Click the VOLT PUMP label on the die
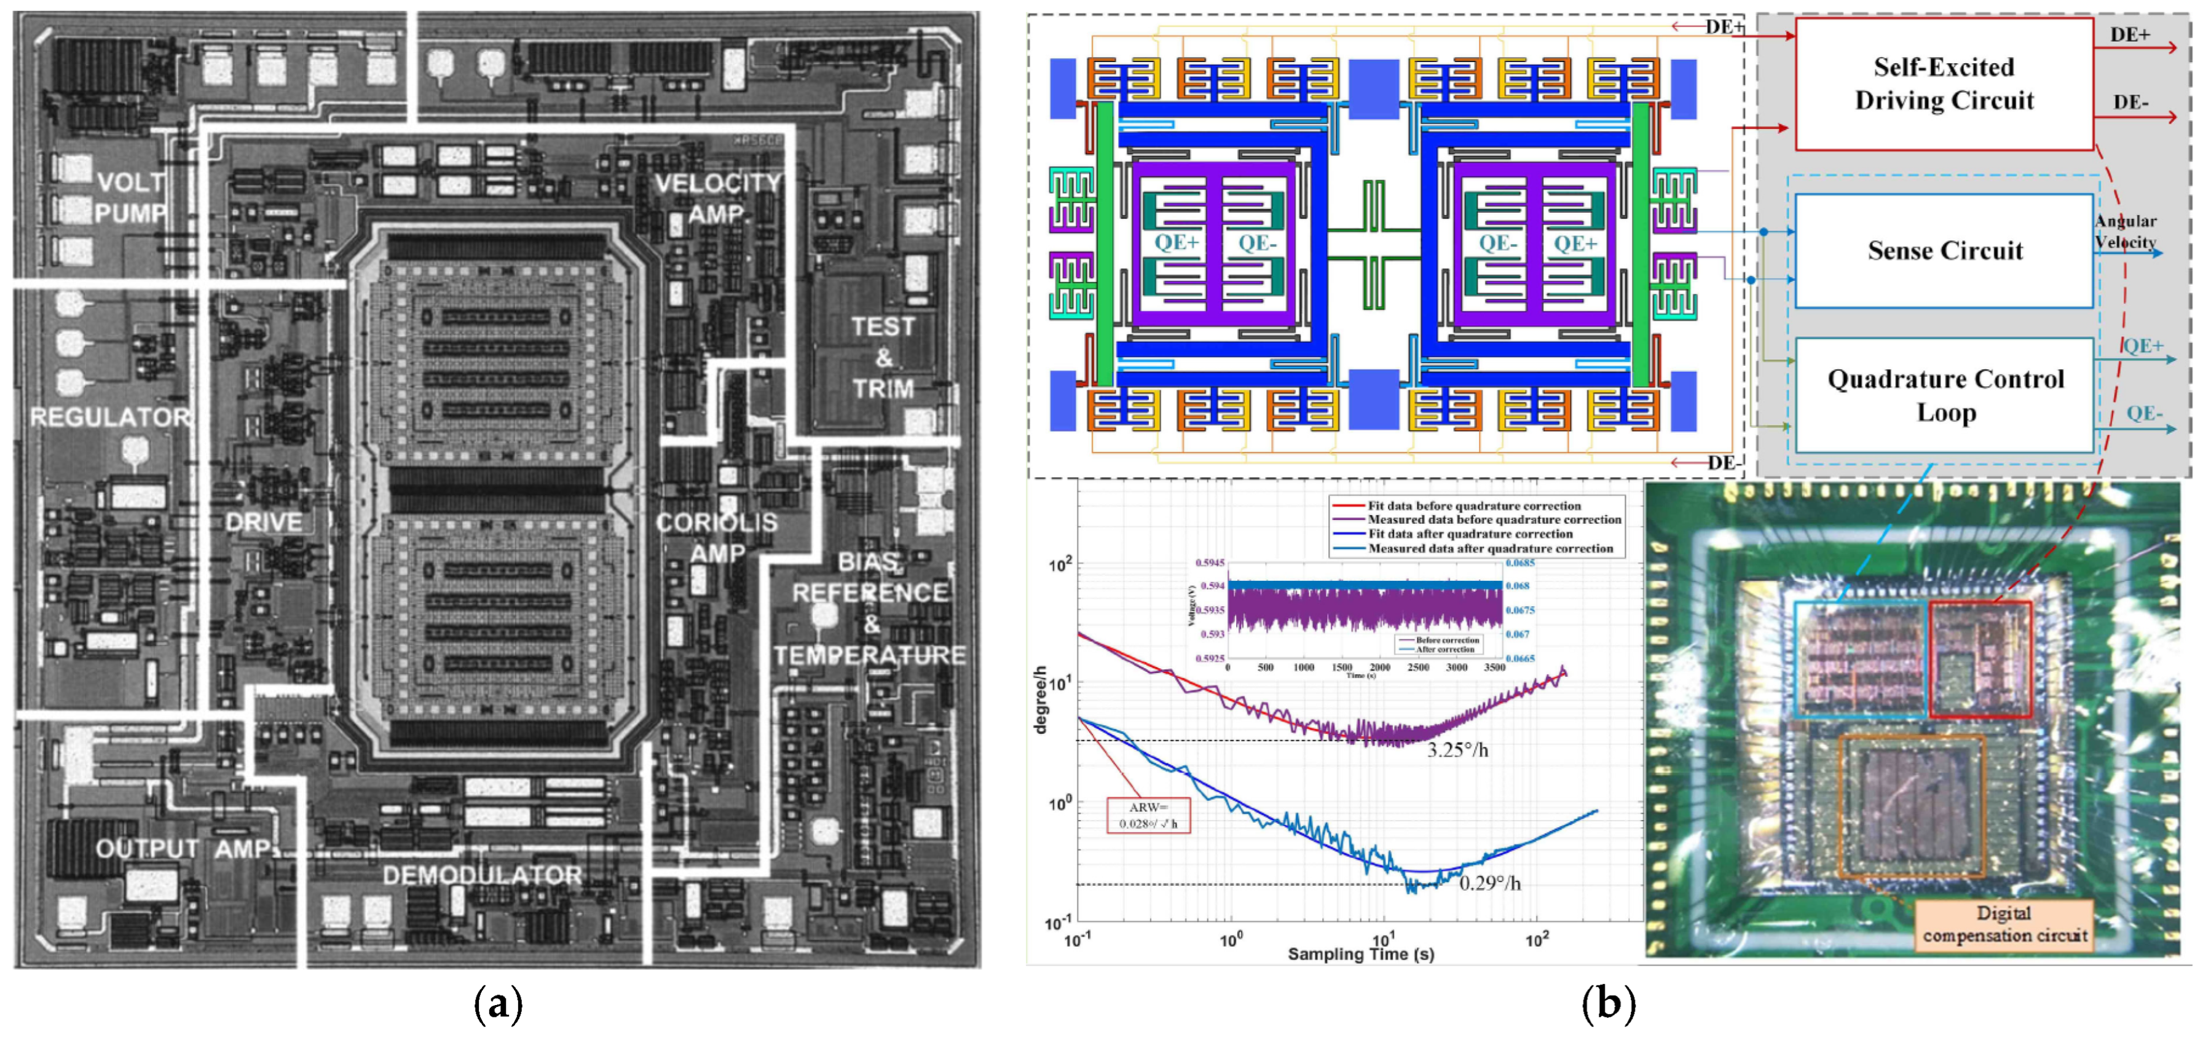[130, 197]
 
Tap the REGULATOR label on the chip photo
[110, 417]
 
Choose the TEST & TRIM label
[883, 357]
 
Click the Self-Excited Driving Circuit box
[1943, 84]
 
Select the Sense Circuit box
[1943, 250]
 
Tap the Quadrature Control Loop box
[1944, 395]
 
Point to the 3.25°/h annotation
[1457, 751]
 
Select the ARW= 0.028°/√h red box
[1148, 816]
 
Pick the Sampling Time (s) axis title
[1361, 954]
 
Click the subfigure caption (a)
[498, 1003]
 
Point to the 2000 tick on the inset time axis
[1379, 668]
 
